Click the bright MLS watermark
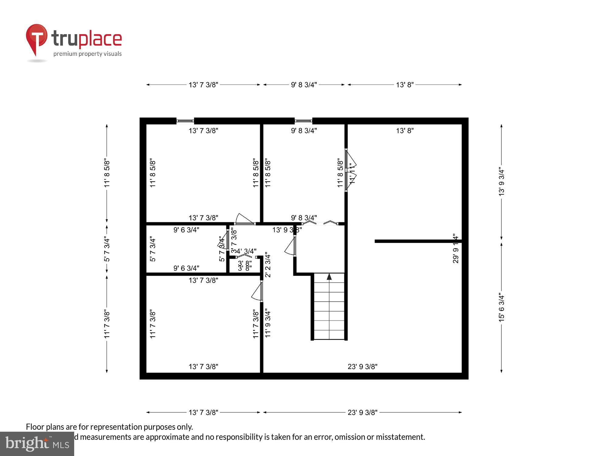(37, 444)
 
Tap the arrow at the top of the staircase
(329, 277)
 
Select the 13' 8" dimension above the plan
(405, 85)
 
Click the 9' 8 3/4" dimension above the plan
(304, 85)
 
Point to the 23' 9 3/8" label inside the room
(362, 367)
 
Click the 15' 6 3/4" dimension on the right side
(502, 307)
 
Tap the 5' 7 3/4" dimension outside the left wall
(107, 249)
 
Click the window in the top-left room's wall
(185, 121)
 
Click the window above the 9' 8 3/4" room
(303, 121)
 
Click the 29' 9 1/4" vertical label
(455, 248)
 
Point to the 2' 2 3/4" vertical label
(268, 264)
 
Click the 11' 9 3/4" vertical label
(268, 323)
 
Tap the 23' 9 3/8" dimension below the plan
(362, 413)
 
